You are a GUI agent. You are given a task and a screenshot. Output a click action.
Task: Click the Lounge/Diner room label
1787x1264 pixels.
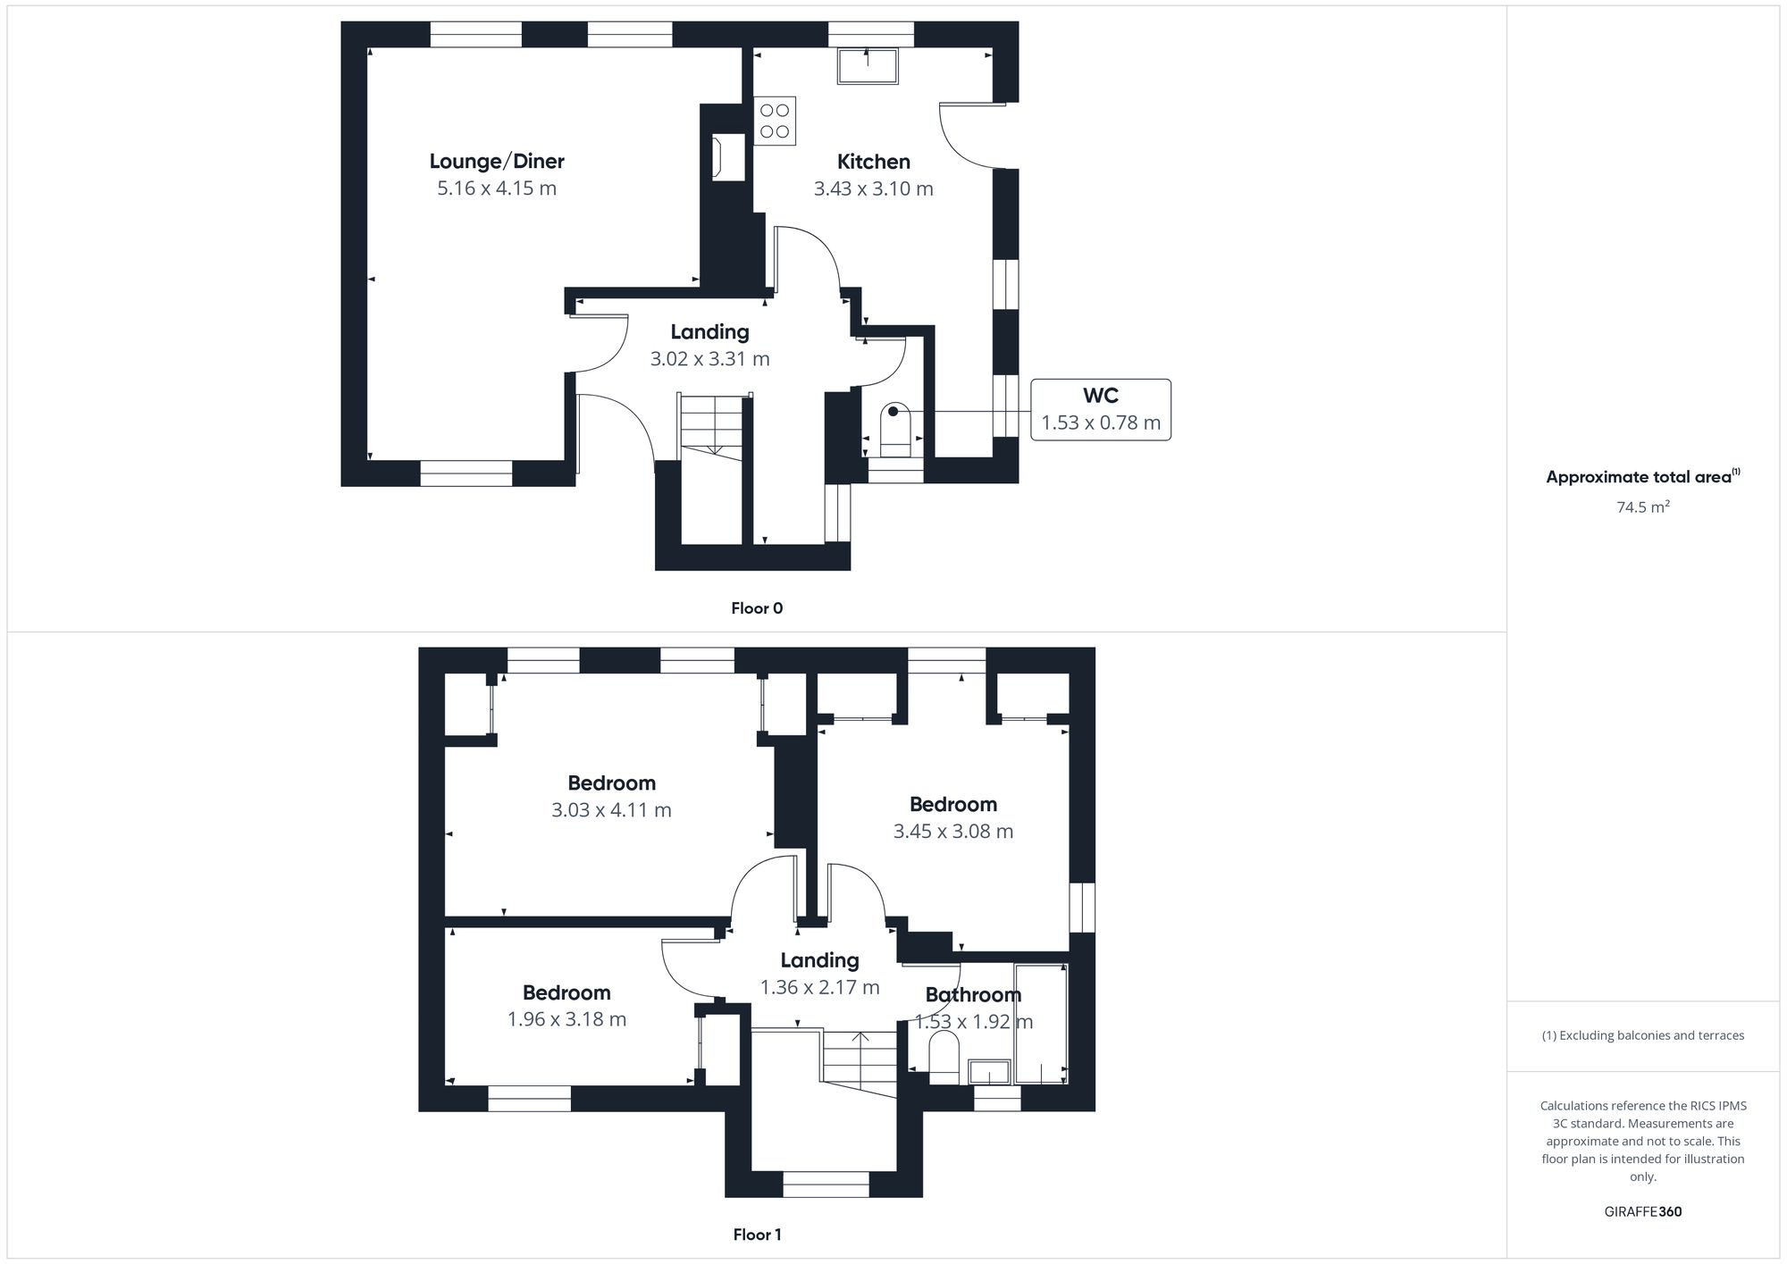[x=497, y=162]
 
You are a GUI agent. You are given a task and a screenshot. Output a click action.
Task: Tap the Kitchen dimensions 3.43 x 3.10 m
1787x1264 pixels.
[x=873, y=189]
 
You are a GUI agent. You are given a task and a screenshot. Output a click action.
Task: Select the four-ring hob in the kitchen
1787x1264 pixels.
[x=775, y=121]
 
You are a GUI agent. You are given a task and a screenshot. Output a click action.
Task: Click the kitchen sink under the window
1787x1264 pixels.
[x=868, y=65]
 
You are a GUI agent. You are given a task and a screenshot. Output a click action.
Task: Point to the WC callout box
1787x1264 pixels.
[x=1100, y=409]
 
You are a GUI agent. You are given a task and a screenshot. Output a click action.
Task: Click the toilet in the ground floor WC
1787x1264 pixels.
[x=895, y=428]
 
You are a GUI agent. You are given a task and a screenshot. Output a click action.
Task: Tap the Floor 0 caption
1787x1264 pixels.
[x=757, y=608]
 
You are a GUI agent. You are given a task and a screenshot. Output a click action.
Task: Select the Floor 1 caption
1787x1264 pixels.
[x=757, y=1235]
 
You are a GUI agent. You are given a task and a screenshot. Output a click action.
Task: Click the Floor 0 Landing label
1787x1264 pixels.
[x=709, y=332]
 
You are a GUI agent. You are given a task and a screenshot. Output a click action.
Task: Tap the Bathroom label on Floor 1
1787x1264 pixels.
[x=973, y=995]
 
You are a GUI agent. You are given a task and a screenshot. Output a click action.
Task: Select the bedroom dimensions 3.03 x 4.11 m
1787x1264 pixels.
[x=611, y=810]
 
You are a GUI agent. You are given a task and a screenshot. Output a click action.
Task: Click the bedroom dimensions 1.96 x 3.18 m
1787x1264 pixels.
[x=566, y=1019]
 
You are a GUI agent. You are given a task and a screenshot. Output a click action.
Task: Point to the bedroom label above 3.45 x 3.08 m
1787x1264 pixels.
[x=952, y=804]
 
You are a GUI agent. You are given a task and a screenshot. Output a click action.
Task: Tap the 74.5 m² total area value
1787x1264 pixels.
[x=1642, y=507]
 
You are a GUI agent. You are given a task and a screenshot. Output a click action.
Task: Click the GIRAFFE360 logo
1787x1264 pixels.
[x=1642, y=1212]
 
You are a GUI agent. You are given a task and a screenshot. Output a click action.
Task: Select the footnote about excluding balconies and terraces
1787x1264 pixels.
[x=1642, y=1036]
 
